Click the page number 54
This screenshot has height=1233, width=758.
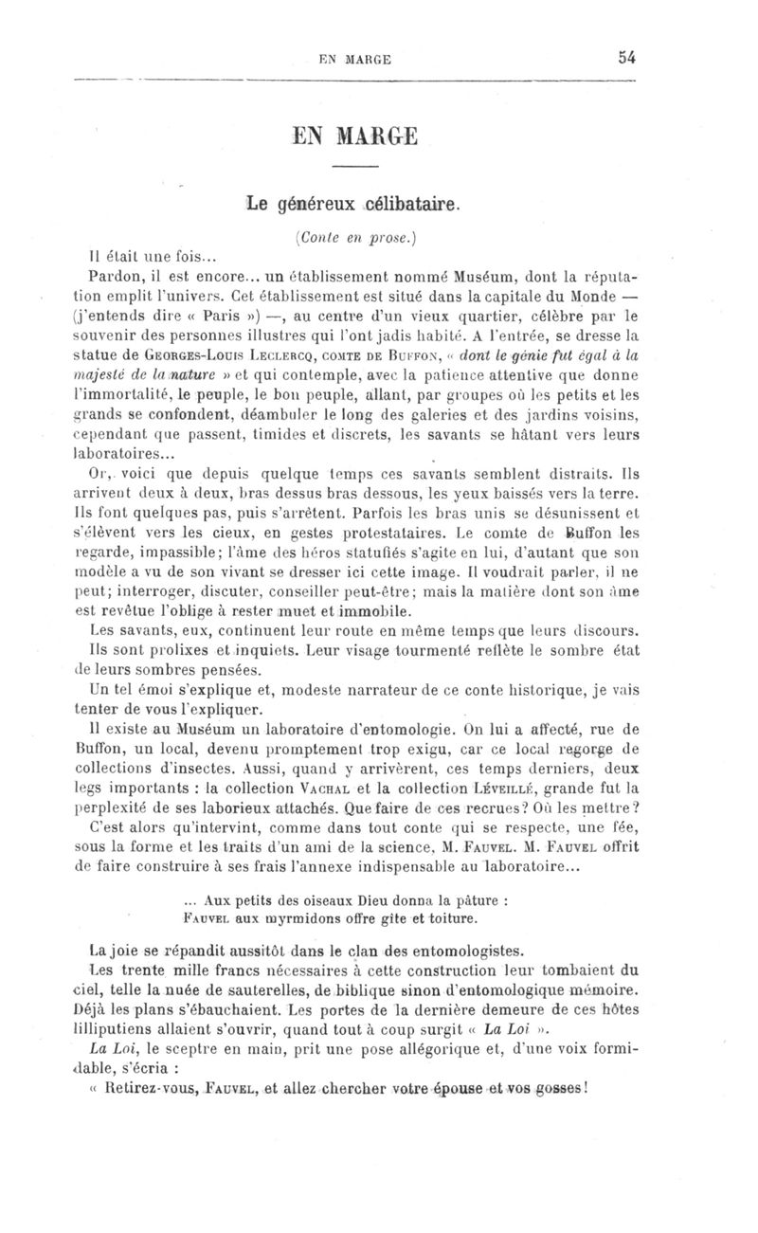tap(626, 57)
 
